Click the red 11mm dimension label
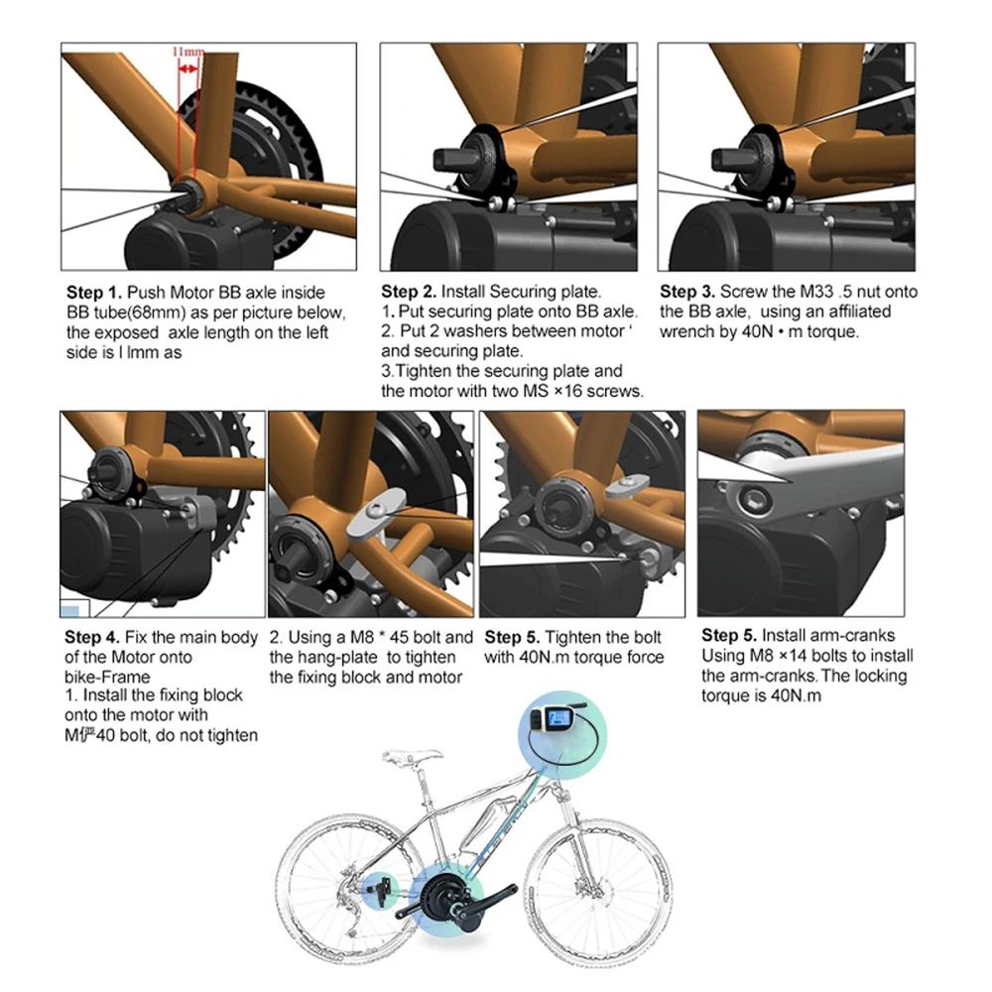pos(188,51)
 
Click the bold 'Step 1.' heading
pos(94,293)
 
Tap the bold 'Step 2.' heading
pos(409,292)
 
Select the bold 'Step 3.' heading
pos(687,292)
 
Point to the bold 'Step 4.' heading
pos(92,637)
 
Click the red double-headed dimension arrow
pos(187,68)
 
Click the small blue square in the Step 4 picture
pos(70,611)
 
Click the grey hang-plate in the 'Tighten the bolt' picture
pos(627,486)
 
